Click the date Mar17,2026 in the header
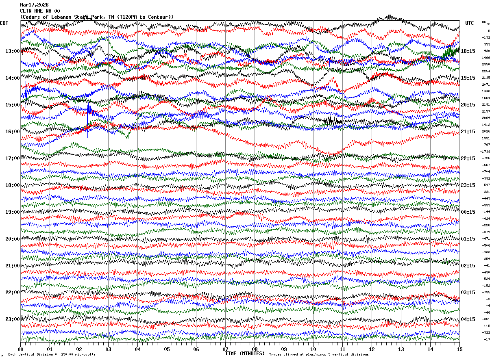34,5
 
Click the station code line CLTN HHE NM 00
40,11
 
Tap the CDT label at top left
4,23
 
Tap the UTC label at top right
470,23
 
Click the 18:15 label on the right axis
468,51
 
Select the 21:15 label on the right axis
468,132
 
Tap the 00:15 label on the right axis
468,212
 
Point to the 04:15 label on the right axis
468,319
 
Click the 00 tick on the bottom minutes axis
20,349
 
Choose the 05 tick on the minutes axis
167,349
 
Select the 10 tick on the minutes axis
313,349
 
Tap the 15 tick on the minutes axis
459,349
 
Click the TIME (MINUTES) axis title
245,353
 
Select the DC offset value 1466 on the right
486,58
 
